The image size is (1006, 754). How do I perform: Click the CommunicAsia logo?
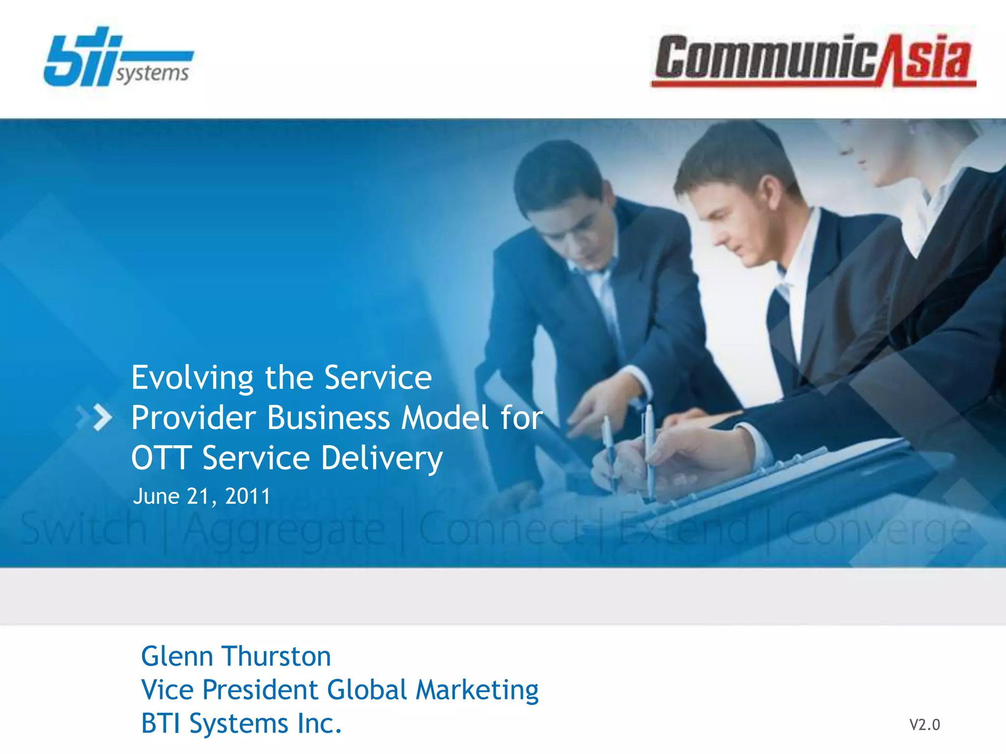[x=813, y=60]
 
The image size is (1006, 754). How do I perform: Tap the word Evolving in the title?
[x=192, y=378]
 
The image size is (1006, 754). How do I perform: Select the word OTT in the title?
[x=161, y=458]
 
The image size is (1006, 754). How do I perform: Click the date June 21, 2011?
[x=201, y=496]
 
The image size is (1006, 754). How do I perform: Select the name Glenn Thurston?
[x=236, y=656]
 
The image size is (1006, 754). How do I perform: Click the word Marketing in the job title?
[x=477, y=690]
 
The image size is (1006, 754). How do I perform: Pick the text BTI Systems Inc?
[x=241, y=724]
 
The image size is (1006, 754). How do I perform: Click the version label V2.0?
[x=924, y=725]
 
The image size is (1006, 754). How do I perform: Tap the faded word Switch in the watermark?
[x=84, y=529]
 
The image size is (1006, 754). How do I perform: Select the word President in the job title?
[x=260, y=690]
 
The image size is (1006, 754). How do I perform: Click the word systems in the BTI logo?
[x=152, y=74]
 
